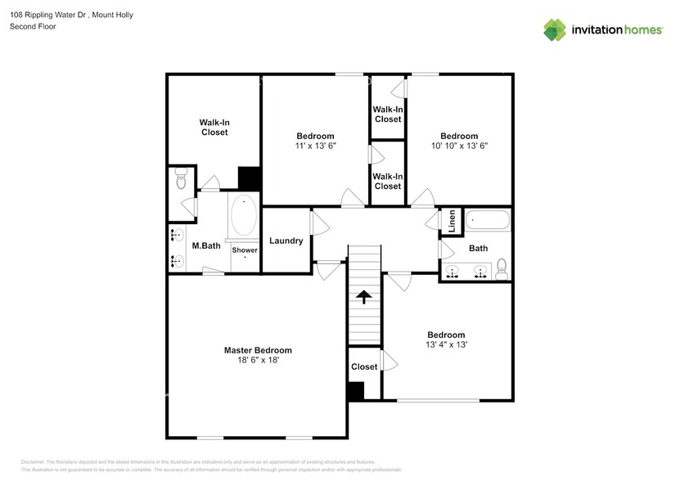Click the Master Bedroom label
(258, 350)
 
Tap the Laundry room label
(286, 240)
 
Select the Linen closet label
(450, 220)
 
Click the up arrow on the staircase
(364, 297)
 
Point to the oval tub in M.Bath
(243, 217)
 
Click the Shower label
(245, 250)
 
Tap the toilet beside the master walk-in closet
(182, 178)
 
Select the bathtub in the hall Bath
(489, 220)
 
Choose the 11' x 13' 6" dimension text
(315, 146)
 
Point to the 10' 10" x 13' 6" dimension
(459, 146)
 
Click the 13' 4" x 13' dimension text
(446, 344)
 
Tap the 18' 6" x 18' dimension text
(258, 360)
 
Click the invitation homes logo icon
(555, 29)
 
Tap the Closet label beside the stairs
(364, 366)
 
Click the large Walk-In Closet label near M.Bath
(214, 127)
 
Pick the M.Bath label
(206, 246)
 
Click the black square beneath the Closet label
(355, 392)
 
